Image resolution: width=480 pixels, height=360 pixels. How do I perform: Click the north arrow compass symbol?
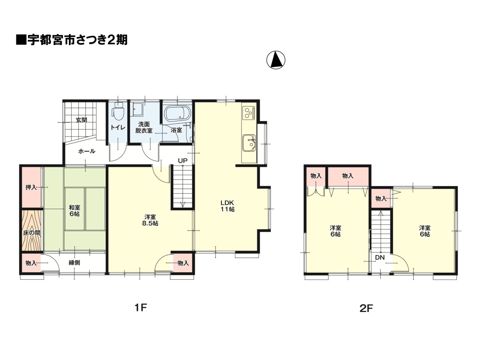click(x=276, y=60)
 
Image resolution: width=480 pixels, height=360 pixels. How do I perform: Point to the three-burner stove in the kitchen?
click(x=249, y=112)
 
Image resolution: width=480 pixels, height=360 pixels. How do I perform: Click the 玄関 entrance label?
click(x=81, y=120)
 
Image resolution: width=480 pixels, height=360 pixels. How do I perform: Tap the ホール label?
click(x=87, y=151)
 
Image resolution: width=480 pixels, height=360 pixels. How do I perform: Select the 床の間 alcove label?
click(x=31, y=233)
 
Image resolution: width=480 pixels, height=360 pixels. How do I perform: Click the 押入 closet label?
click(x=31, y=187)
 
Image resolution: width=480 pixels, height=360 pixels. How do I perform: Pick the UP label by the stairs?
click(x=182, y=161)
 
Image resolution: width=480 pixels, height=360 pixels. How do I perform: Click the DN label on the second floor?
click(x=380, y=258)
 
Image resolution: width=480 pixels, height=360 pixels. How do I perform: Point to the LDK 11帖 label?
click(x=227, y=206)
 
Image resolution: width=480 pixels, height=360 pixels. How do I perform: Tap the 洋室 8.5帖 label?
click(x=150, y=220)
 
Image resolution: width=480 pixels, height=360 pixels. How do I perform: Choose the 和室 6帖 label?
click(x=74, y=210)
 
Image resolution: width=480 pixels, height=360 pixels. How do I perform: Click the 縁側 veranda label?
click(x=74, y=262)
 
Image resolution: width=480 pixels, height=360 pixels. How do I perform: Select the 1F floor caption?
click(x=140, y=308)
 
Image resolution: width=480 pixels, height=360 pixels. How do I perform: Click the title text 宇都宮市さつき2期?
click(x=77, y=40)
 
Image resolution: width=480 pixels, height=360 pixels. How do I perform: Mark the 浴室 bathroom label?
click(x=176, y=130)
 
